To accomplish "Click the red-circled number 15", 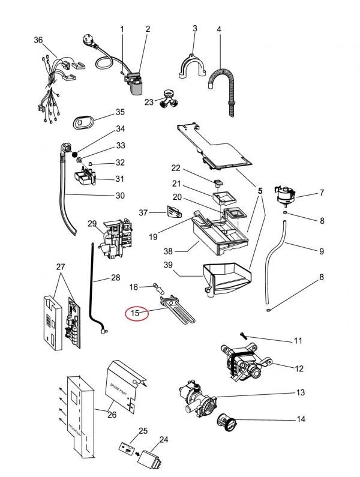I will pos(136,313).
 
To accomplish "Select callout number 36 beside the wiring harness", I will pos(38,40).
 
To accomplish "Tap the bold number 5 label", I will pos(260,191).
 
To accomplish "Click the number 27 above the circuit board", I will pos(60,266).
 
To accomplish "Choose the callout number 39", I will pos(169,265).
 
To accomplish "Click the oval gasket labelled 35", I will pos(82,122).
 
